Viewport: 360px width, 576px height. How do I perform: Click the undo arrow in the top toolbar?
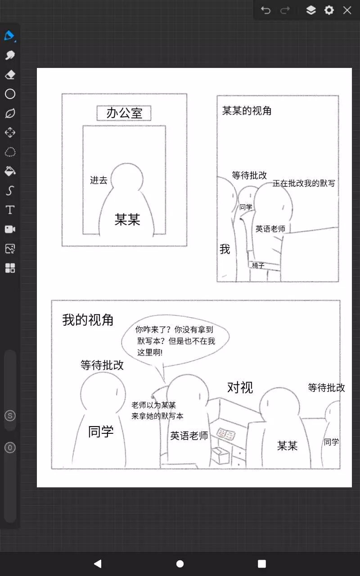point(265,10)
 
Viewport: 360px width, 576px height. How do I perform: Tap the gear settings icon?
point(329,10)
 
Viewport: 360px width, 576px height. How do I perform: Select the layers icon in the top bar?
point(311,10)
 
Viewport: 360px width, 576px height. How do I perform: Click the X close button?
point(347,10)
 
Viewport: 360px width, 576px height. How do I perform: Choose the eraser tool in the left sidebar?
point(10,75)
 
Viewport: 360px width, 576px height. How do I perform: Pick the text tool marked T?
point(10,210)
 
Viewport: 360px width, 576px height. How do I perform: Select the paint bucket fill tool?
point(10,171)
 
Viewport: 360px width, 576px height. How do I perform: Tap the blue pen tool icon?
point(10,36)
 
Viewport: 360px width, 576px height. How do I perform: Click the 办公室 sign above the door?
point(124,113)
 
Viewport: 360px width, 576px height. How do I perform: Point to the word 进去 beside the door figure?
point(99,180)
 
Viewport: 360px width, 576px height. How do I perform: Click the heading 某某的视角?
point(247,111)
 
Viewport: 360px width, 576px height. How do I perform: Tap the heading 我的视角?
point(88,320)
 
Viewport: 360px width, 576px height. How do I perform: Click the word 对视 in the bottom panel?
point(240,387)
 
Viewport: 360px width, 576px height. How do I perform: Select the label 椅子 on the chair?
point(258,265)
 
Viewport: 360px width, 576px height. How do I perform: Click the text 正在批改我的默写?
point(304,183)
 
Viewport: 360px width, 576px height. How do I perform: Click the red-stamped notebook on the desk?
point(226,434)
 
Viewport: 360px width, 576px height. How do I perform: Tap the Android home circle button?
point(180,564)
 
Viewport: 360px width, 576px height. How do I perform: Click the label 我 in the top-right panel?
point(225,249)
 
